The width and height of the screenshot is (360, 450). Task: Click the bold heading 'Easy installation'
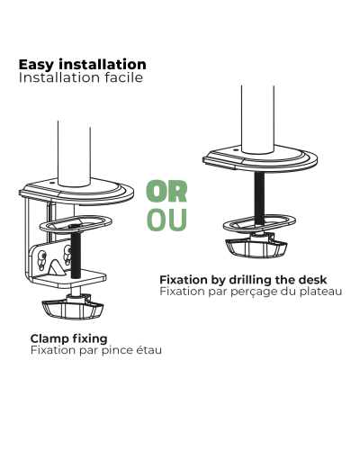(83, 65)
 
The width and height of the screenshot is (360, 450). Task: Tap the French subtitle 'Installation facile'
(81, 77)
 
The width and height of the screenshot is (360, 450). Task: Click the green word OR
(166, 191)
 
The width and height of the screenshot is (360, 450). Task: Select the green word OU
(166, 220)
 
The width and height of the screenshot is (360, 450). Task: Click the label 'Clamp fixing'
(68, 339)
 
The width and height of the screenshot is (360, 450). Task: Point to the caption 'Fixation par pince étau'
(96, 350)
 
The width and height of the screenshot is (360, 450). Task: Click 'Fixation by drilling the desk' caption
(243, 280)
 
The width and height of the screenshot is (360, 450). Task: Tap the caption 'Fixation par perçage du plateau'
(251, 292)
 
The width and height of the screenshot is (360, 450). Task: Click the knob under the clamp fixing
(73, 309)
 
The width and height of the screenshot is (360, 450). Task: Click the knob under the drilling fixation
(256, 247)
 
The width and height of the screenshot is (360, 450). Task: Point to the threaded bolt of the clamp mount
(75, 252)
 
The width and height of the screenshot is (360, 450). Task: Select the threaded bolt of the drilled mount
(259, 198)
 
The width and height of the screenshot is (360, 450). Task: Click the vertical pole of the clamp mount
(74, 153)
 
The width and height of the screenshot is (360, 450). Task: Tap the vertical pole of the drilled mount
(257, 120)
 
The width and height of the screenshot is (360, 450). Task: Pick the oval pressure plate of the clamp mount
(76, 224)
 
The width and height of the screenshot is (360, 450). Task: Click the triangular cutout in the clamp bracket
(57, 267)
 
